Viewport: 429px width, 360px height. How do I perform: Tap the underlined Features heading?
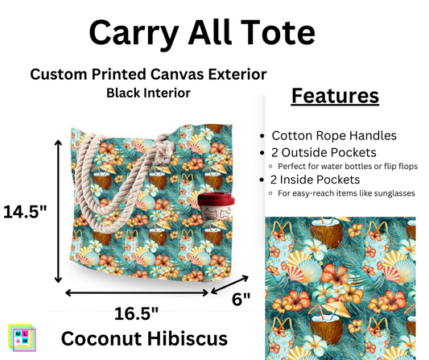tap(333, 95)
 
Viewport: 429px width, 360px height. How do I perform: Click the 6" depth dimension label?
tap(241, 298)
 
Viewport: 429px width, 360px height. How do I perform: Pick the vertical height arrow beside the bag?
tap(58, 209)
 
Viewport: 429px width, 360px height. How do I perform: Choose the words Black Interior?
tap(148, 93)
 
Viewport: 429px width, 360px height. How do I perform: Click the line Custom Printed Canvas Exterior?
tap(148, 74)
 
